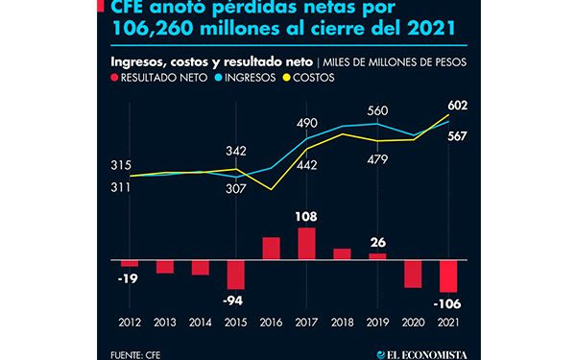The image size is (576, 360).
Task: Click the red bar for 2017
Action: point(307,243)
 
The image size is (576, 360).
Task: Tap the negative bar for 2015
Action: point(236,274)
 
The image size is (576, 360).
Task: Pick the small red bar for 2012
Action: point(130,262)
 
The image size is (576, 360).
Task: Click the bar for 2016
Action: point(272,248)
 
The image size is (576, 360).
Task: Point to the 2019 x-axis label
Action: point(377,324)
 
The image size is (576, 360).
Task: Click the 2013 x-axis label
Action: point(165,324)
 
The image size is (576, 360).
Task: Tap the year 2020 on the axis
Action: point(413,324)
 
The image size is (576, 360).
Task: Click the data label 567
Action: point(457,136)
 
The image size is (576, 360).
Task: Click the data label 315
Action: point(122,166)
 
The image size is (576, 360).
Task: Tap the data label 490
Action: point(307,123)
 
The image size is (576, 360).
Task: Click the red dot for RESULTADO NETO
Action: point(116,79)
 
